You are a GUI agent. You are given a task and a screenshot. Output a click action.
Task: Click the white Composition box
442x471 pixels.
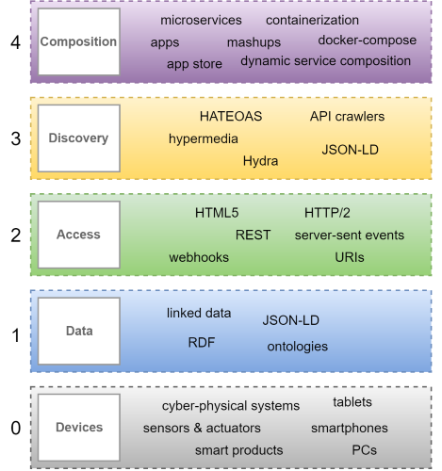tap(79, 41)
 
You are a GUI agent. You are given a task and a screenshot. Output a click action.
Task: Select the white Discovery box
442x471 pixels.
tap(79, 138)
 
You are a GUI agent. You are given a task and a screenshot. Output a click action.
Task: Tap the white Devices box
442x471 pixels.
tap(79, 428)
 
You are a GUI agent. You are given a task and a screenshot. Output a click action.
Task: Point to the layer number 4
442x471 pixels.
tap(15, 42)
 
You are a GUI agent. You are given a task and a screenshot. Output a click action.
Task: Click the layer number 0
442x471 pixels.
tap(15, 428)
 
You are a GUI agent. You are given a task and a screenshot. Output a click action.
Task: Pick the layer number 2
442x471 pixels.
tap(15, 235)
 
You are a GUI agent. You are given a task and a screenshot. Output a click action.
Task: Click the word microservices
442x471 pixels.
tap(201, 20)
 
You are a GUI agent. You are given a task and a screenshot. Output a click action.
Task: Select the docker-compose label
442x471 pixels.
tap(368, 41)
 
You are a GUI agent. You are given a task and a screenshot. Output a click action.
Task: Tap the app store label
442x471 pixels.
tap(194, 64)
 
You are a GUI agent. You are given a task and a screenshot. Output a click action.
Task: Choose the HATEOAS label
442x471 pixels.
tap(231, 117)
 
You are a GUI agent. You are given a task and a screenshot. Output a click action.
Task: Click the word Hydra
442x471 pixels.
tap(260, 161)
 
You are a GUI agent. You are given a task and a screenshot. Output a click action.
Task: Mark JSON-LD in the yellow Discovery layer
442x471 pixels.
tap(350, 150)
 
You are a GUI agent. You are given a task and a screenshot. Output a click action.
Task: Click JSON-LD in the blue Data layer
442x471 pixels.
tap(291, 320)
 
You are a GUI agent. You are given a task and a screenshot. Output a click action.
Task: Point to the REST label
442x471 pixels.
tap(253, 235)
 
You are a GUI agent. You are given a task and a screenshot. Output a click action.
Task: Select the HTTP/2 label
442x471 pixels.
tap(327, 213)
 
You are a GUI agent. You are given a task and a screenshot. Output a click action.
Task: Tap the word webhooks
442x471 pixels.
tap(199, 257)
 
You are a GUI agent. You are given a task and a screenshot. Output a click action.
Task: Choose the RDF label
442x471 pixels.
tap(202, 342)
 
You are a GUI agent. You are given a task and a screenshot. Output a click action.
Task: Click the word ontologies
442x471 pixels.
tap(298, 347)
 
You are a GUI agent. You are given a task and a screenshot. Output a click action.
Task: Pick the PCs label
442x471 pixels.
tap(364, 450)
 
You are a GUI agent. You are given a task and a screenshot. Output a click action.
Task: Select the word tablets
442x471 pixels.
tap(352, 402)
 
